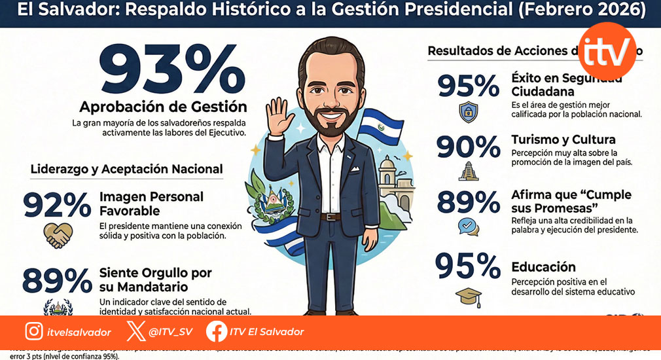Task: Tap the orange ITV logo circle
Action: click(607, 50)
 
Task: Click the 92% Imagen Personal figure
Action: click(57, 204)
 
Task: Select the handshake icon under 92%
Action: click(58, 235)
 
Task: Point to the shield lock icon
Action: click(469, 112)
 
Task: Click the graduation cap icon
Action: click(469, 297)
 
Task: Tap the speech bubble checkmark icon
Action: click(468, 226)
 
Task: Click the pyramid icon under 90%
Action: click(469, 171)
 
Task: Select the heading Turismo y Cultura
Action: click(563, 140)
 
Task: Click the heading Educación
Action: click(543, 267)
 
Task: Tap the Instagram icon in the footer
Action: click(34, 332)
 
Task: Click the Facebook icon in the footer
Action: click(217, 332)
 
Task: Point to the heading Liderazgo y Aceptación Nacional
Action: click(126, 169)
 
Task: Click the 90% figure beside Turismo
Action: click(468, 147)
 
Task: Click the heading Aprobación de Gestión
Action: click(163, 107)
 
